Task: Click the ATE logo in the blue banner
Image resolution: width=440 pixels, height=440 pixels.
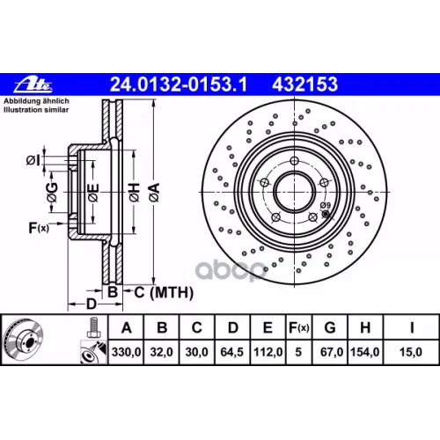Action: coord(33,84)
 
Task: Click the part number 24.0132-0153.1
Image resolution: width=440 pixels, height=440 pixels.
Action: coord(179,84)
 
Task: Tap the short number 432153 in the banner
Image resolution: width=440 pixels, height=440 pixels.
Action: coord(305,84)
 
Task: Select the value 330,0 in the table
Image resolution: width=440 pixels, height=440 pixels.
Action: coord(126,352)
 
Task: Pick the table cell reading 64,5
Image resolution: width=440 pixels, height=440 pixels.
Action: coord(232,352)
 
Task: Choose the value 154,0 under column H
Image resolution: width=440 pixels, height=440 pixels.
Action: coord(365,352)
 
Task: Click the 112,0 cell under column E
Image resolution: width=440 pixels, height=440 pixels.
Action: coord(268,352)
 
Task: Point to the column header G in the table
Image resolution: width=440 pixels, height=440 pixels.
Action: coord(330,327)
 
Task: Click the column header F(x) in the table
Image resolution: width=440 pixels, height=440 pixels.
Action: coord(299,327)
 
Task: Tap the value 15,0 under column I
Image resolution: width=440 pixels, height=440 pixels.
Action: coord(411,352)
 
